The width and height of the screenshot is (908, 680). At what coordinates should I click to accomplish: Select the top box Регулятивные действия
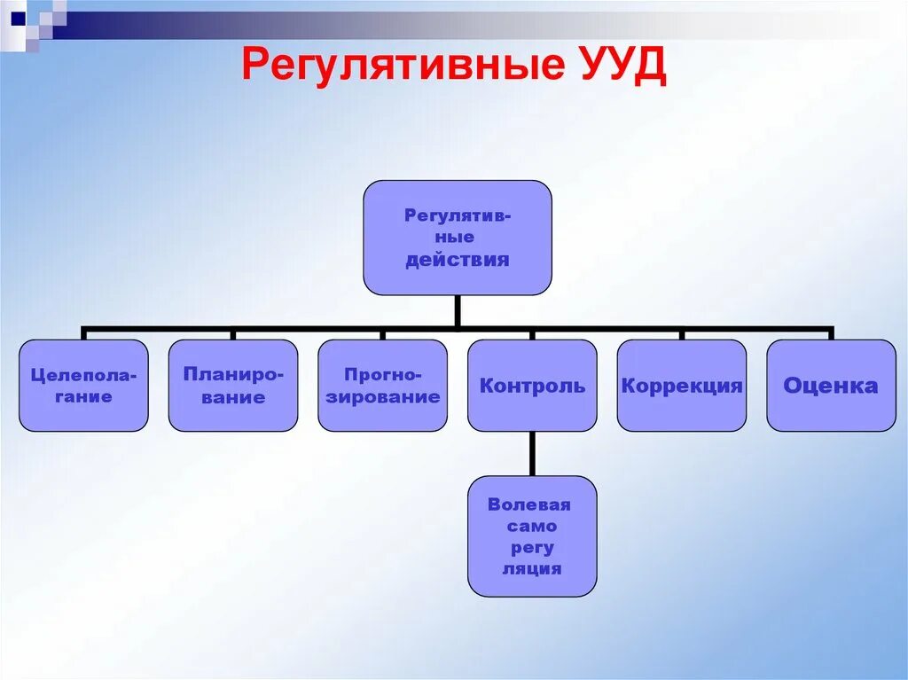point(457,238)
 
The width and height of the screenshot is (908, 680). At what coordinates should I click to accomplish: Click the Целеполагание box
point(83,386)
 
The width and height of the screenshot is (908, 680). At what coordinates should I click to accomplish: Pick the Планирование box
point(233,386)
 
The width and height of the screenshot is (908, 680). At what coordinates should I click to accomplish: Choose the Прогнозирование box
point(382,386)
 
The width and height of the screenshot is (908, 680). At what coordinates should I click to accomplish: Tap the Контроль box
point(532,386)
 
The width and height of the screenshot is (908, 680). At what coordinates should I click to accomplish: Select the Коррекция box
point(681,386)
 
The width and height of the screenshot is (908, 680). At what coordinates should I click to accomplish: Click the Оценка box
point(831,386)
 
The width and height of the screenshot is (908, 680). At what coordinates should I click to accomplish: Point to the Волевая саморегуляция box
point(532,535)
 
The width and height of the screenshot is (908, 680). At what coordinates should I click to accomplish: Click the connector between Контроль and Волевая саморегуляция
point(532,453)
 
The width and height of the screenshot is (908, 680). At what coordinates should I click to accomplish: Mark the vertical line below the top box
point(458,310)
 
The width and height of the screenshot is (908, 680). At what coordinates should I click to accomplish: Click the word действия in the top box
point(458,261)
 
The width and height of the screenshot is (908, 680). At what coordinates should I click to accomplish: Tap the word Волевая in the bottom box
point(529,504)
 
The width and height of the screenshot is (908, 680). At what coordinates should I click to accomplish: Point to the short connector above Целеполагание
point(83,333)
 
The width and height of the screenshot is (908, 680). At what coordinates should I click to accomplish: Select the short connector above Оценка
point(831,333)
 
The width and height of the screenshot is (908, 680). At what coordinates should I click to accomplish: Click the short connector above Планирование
point(233,333)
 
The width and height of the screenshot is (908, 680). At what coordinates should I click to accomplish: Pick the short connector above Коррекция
point(681,333)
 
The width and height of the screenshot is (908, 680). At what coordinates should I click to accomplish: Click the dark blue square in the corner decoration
point(18,16)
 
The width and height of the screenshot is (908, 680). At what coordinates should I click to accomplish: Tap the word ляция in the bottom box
point(532,569)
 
